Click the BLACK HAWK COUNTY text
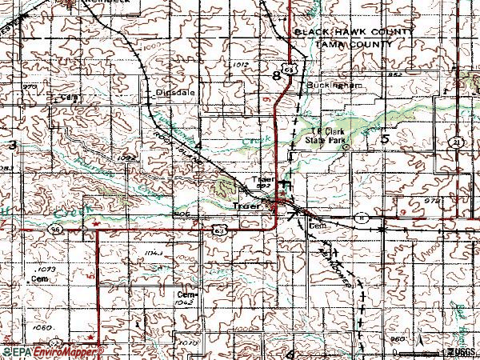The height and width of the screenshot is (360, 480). coord(353,31)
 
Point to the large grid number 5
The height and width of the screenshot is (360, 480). coord(385,138)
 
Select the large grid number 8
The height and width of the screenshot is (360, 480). coord(277,76)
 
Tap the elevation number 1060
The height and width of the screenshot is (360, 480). coord(43,328)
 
